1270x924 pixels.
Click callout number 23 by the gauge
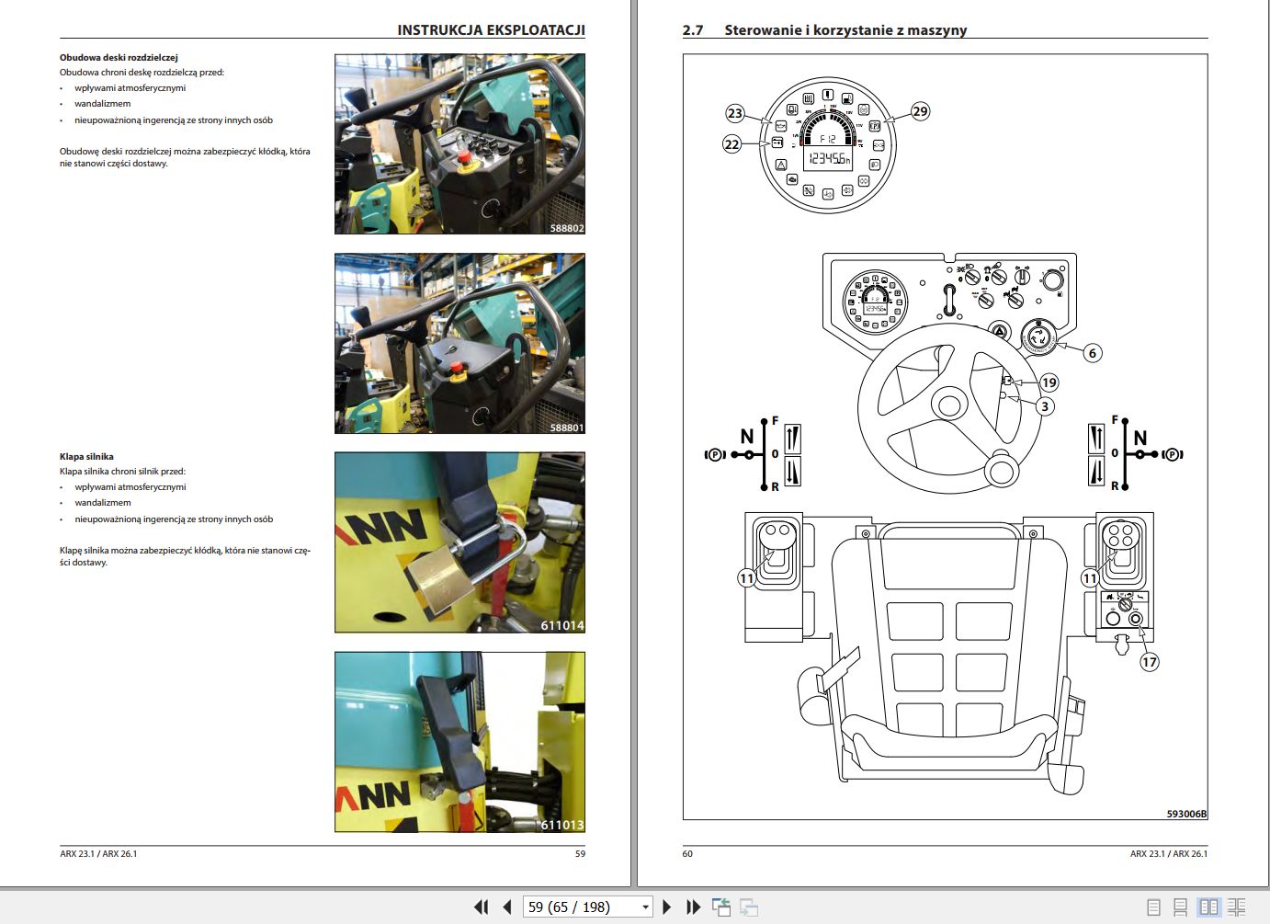(734, 113)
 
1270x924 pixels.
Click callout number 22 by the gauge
(731, 144)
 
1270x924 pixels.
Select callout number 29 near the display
(920, 111)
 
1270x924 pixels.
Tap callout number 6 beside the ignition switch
(1092, 353)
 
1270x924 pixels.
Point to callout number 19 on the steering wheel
(1049, 382)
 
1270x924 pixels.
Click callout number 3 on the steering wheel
(1044, 406)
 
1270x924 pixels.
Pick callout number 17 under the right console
(1149, 662)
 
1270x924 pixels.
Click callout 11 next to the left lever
(746, 578)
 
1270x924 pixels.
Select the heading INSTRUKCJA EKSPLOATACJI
(491, 29)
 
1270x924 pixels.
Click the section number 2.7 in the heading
(692, 30)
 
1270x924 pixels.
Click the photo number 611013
(561, 825)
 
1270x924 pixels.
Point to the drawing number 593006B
(1186, 814)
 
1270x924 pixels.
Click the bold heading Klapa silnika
(86, 456)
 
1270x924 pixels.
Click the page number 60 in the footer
(687, 854)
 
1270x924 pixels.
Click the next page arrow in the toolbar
(667, 907)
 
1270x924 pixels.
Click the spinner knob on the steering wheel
(1001, 471)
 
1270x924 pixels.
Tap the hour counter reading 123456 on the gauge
(828, 159)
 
